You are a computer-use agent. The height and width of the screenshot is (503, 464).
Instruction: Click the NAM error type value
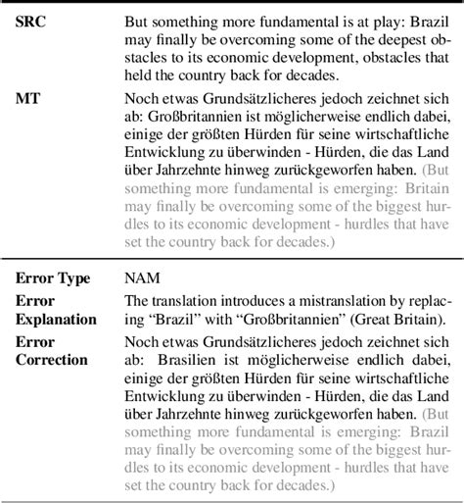coord(143,278)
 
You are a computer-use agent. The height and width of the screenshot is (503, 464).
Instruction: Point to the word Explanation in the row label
coord(56,319)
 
